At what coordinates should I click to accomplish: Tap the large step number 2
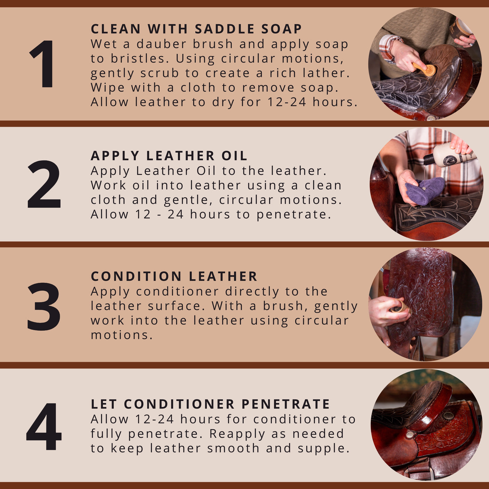pos(44,184)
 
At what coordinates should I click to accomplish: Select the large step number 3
pos(44,306)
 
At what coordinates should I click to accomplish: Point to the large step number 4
pos(44,426)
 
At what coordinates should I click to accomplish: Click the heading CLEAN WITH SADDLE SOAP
pos(196,29)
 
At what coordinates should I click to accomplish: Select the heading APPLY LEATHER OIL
pos(169,156)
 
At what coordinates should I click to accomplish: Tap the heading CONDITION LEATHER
pos(174,276)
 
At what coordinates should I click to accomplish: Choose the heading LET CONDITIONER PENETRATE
pos(210,404)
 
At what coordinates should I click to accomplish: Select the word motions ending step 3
pos(121,335)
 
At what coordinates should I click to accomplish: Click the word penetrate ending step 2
pos(294,215)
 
